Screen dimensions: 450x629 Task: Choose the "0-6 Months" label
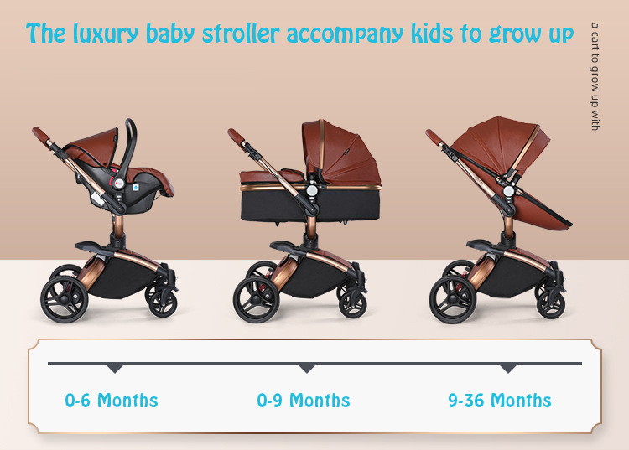(112, 401)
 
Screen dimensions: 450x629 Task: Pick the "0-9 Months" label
(303, 401)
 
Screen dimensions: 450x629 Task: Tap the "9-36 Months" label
(500, 401)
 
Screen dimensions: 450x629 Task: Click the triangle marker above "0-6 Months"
(115, 368)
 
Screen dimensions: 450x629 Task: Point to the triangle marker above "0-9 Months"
(307, 368)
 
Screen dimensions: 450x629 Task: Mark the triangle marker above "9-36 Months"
(507, 368)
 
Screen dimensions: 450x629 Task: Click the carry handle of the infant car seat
(130, 138)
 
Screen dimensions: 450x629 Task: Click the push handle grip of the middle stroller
(236, 135)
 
